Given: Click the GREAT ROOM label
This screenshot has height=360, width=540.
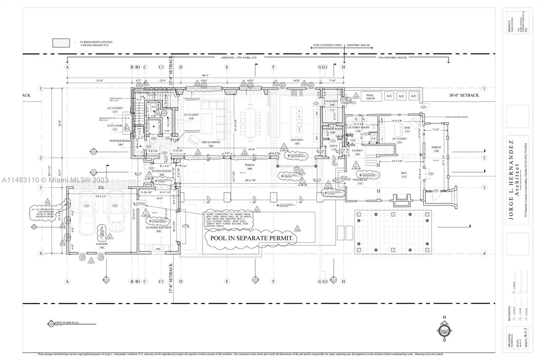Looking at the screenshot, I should tap(211, 142).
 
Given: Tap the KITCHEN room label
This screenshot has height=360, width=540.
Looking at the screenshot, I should tap(297, 140).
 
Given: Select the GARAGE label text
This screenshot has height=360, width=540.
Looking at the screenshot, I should tap(102, 244).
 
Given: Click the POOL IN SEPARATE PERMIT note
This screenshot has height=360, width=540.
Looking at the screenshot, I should tap(252, 238).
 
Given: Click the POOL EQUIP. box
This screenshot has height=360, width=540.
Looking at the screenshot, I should tap(370, 96).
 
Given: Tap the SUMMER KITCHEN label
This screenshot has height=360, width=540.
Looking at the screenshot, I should tap(159, 228).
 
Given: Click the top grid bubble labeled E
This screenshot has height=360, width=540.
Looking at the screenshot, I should tap(227, 67).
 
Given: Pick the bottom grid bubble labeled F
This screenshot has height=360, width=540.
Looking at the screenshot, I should tap(273, 281).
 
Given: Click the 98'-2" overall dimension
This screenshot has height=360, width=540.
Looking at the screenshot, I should tap(206, 76).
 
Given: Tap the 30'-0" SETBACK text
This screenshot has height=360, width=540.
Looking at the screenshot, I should tap(464, 95).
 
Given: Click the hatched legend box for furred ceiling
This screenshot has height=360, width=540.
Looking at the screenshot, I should tap(61, 43).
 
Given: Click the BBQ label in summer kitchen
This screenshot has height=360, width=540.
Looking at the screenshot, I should tap(158, 249).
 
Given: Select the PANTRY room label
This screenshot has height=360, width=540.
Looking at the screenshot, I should tap(332, 101).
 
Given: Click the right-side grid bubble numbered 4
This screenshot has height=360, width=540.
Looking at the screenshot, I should tap(484, 253).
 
